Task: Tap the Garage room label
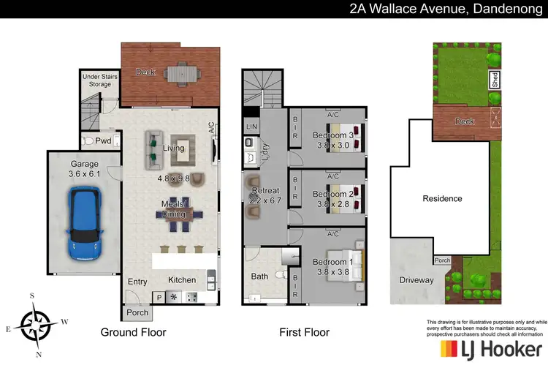tap(83, 164)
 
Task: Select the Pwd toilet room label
tap(103, 140)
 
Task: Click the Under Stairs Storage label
tap(96, 79)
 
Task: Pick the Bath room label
tap(260, 276)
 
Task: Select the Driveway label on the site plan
tap(416, 280)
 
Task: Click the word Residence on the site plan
tap(442, 198)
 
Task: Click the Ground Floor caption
tap(133, 332)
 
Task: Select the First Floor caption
tap(305, 332)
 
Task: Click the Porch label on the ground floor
tap(137, 312)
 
